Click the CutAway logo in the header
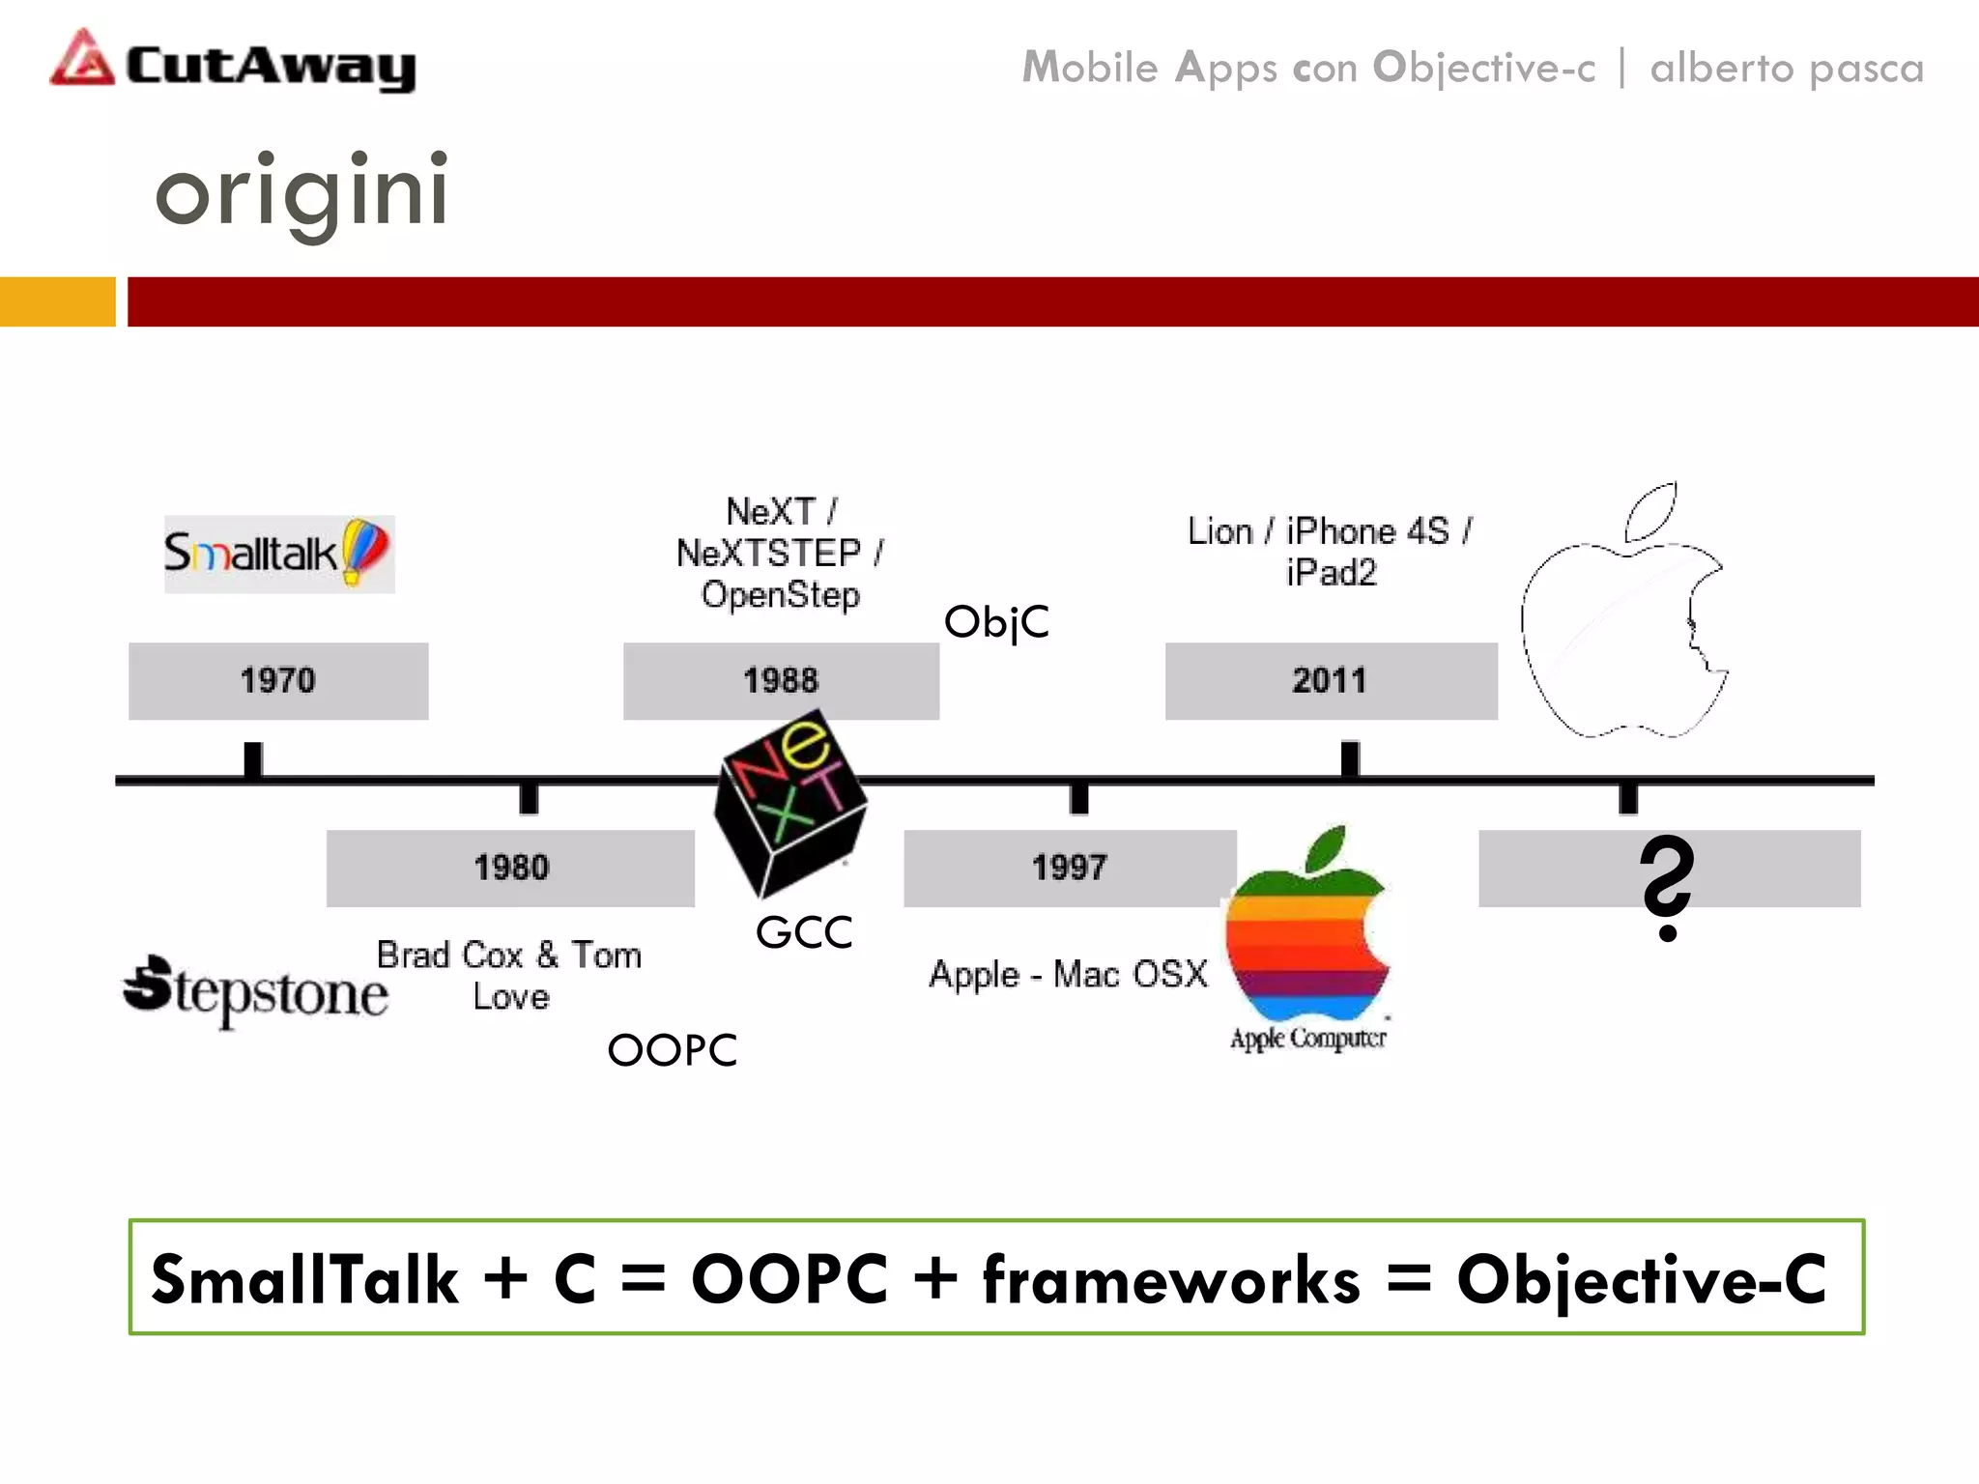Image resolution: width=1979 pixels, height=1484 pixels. coord(233,62)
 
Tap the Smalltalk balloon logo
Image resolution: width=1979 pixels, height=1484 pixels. coord(278,554)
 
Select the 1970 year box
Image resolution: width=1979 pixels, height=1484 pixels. coord(278,680)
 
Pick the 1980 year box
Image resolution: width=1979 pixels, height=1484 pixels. coord(510,868)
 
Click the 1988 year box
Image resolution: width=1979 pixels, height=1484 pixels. coord(781,680)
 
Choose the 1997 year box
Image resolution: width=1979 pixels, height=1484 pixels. coord(1069,868)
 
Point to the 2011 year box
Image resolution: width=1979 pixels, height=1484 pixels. coord(1331,680)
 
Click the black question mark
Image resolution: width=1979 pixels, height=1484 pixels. coord(1667,887)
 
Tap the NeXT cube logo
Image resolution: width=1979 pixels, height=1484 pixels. coord(790,802)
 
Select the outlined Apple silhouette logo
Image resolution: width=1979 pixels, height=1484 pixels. coord(1623,618)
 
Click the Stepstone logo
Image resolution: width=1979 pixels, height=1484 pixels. coord(256,990)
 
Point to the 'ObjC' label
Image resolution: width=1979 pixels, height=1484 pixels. coord(996,621)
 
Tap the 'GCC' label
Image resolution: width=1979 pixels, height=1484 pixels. coord(804,932)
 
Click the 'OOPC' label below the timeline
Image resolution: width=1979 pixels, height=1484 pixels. coord(672,1050)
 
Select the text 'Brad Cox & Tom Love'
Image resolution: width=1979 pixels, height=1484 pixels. coord(509,975)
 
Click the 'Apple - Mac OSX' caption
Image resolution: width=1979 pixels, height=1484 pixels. coord(1068,974)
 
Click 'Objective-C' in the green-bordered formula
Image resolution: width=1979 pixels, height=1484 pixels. coord(1641,1279)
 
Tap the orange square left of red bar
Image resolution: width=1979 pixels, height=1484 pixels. coord(58,301)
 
